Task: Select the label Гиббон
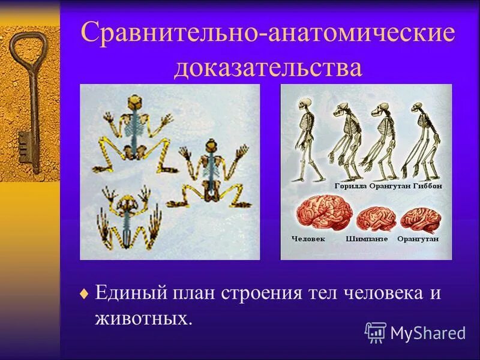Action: click(428, 187)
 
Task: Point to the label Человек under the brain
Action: click(308, 239)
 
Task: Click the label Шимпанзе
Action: click(367, 239)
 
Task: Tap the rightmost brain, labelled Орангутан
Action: click(421, 219)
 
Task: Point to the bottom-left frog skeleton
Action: click(129, 216)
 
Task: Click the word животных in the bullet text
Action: click(143, 317)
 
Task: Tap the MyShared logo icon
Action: click(375, 331)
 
